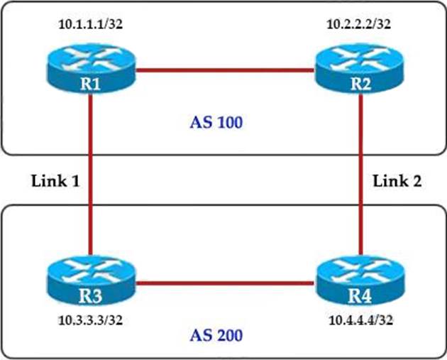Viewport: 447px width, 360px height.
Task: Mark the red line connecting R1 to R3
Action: [90, 178]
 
